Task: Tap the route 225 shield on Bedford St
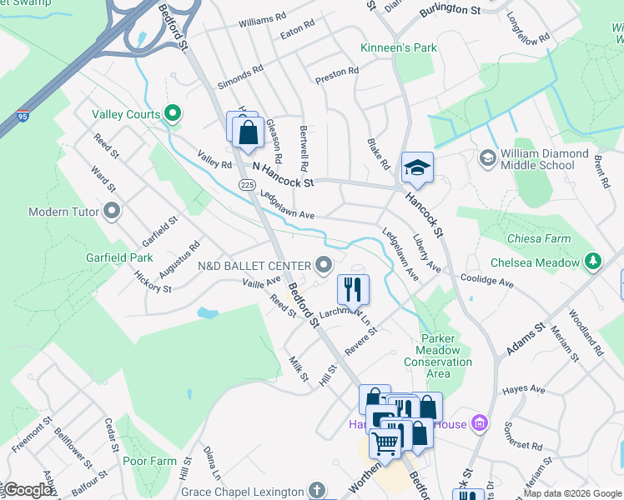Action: (x=246, y=184)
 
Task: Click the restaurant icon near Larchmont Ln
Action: (x=353, y=289)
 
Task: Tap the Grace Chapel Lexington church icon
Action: (x=315, y=489)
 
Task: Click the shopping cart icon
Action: (x=385, y=442)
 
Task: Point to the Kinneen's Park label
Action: (x=399, y=48)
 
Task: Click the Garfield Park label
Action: (x=119, y=257)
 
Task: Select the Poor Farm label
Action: (x=149, y=461)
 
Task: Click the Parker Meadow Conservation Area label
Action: (x=438, y=356)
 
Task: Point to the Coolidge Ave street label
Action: (x=491, y=282)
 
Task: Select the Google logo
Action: (x=28, y=490)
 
